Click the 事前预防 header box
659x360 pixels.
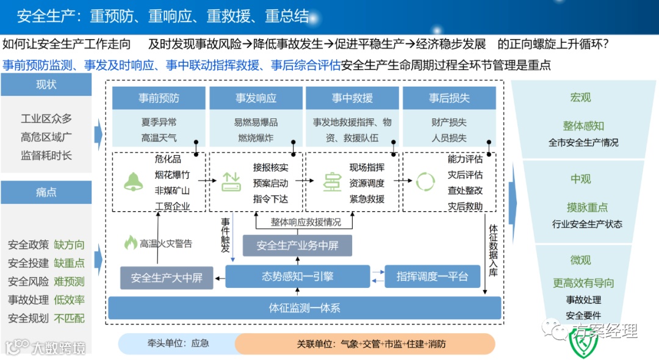pyautogui.click(x=159, y=98)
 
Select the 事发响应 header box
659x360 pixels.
pyautogui.click(x=256, y=98)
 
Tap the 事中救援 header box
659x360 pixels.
pyautogui.click(x=352, y=98)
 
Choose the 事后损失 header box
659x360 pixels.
pyautogui.click(x=449, y=98)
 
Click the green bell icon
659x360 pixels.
pyautogui.click(x=133, y=181)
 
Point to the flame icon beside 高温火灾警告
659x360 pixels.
pyautogui.click(x=131, y=243)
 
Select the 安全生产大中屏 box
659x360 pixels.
pyautogui.click(x=166, y=278)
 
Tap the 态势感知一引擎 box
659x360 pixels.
pyautogui.click(x=298, y=276)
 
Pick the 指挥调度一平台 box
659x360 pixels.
pyautogui.click(x=432, y=276)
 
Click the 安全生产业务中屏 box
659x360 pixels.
pyautogui.click(x=297, y=245)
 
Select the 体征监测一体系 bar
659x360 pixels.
pyautogui.click(x=304, y=308)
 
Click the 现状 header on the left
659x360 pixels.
pyautogui.click(x=46, y=85)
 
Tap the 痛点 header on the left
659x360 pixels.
pyautogui.click(x=46, y=192)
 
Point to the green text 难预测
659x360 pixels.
pyautogui.click(x=69, y=281)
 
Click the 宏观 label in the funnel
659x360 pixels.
pyautogui.click(x=580, y=98)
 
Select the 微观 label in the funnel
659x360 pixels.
pyautogui.click(x=580, y=260)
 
